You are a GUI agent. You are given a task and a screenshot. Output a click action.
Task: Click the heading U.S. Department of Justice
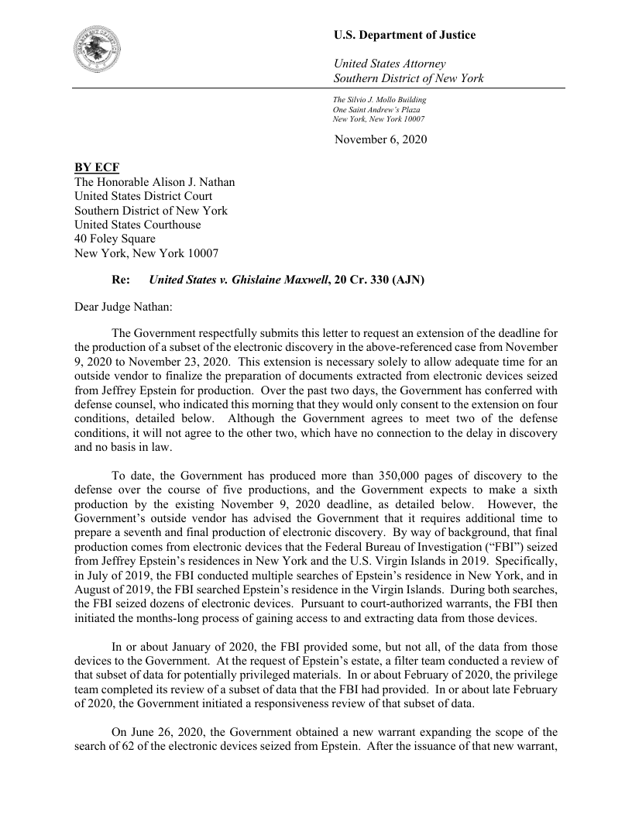tap(404, 35)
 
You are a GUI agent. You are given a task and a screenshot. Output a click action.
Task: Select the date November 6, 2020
tap(380, 139)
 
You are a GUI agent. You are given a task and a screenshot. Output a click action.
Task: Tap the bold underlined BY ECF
tap(97, 168)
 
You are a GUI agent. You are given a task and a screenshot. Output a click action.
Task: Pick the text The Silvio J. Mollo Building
tap(380, 100)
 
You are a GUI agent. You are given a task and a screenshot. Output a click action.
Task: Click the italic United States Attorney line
tap(389, 64)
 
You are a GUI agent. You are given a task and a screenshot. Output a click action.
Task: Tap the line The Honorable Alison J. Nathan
tap(154, 182)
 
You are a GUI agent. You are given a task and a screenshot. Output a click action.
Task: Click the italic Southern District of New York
tap(408, 78)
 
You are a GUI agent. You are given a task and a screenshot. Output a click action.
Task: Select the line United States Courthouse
tap(137, 225)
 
